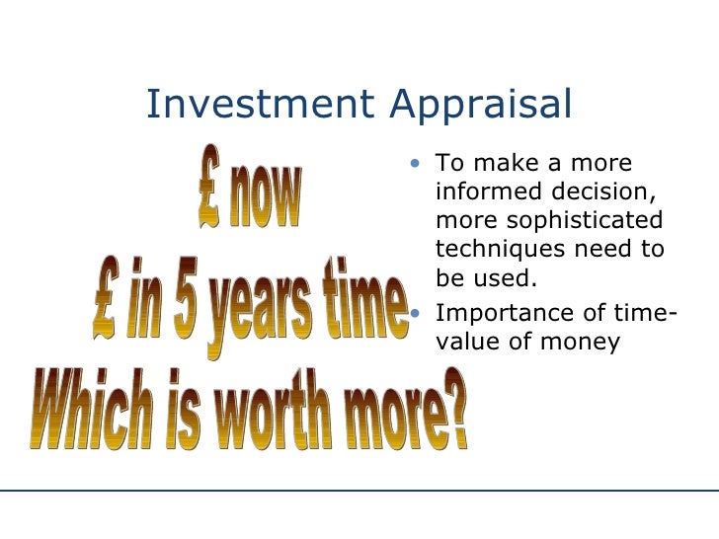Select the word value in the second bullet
pyautogui.click(x=467, y=344)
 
